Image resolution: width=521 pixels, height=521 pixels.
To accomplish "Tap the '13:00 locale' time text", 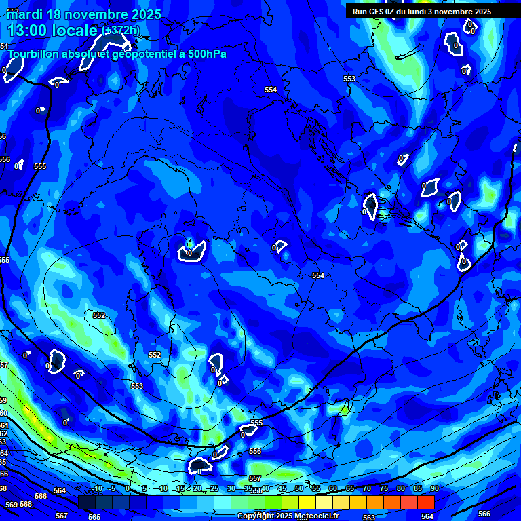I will [52, 31].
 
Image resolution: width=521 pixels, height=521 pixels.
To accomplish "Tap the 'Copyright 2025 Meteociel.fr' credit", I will [288, 516].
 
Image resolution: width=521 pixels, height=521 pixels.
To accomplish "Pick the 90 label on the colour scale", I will [433, 489].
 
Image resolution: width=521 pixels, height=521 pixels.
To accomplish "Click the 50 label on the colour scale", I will [299, 489].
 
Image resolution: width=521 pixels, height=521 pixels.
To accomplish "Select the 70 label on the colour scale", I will [367, 489].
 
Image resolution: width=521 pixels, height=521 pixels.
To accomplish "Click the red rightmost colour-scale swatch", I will [425, 502].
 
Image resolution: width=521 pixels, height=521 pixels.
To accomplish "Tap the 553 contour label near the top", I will [349, 79].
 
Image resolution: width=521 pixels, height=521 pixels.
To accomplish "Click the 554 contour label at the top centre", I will [271, 90].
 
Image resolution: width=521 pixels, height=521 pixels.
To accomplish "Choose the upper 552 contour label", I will [100, 315].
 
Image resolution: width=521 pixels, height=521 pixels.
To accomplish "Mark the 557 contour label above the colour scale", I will [254, 478].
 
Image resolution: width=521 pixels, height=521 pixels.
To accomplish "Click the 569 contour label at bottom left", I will [11, 505].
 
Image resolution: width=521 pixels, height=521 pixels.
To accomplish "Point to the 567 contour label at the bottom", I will [62, 516].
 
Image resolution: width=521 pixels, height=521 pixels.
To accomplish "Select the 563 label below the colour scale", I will [369, 518].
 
